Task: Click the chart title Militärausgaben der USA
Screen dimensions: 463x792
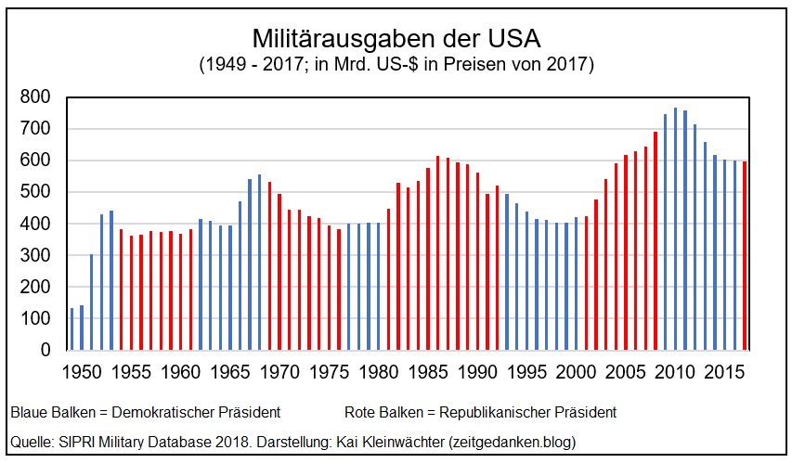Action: pos(396,39)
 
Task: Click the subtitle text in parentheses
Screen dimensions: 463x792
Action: pos(396,65)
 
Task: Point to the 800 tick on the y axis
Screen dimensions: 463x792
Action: pos(35,96)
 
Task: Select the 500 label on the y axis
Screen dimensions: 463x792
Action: pos(35,192)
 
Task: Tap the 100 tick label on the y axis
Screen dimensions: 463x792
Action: pos(35,319)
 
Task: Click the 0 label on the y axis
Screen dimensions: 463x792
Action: pos(45,351)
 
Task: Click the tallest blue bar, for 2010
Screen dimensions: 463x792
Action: pos(676,229)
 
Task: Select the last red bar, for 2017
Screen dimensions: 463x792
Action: pos(745,256)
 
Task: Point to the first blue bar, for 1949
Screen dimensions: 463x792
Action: pos(72,329)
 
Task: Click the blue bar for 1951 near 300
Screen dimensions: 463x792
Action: pos(92,302)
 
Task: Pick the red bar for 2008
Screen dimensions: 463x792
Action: pos(656,241)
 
